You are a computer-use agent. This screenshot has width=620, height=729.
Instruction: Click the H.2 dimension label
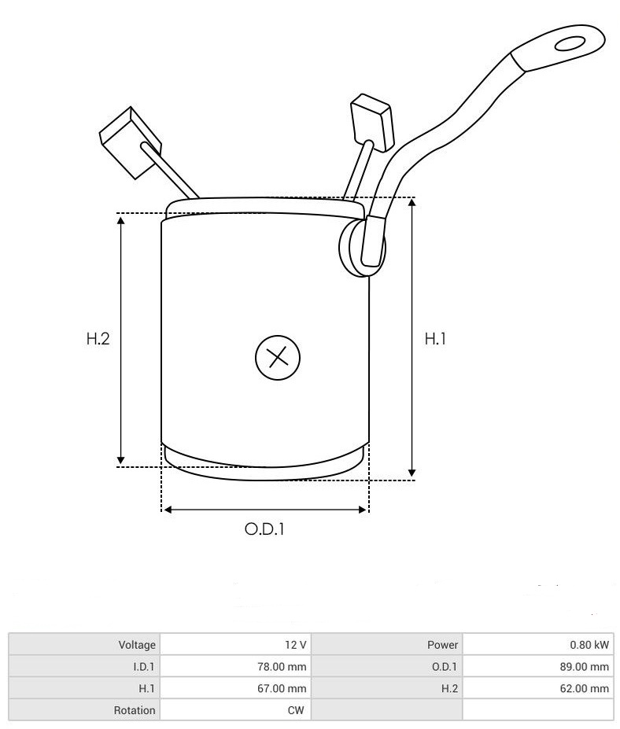tap(98, 338)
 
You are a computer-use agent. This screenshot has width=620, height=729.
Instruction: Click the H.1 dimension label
tap(435, 338)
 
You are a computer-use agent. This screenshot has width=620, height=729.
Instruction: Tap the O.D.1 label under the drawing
tap(264, 528)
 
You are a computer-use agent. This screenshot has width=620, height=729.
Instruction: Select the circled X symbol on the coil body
tap(278, 358)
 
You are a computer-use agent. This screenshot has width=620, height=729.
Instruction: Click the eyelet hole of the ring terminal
tap(570, 44)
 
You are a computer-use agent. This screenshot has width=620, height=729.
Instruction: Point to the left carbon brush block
tap(131, 142)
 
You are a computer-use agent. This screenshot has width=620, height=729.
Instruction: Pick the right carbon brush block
tap(372, 122)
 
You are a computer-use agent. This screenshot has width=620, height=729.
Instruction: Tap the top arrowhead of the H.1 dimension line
tap(411, 203)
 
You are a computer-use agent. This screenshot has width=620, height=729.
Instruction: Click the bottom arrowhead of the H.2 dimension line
tap(121, 461)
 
